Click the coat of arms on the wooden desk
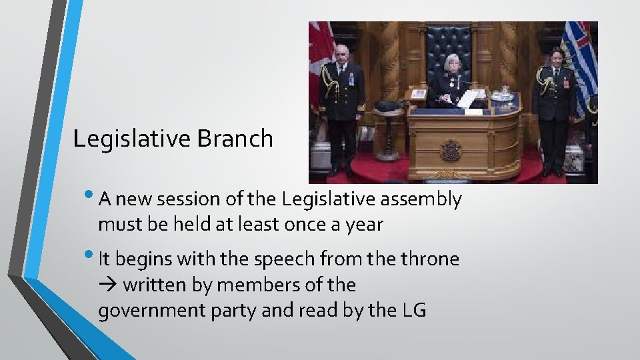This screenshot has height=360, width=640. [451, 151]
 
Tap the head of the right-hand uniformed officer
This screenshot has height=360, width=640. [557, 56]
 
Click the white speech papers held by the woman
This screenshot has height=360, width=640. [468, 98]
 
